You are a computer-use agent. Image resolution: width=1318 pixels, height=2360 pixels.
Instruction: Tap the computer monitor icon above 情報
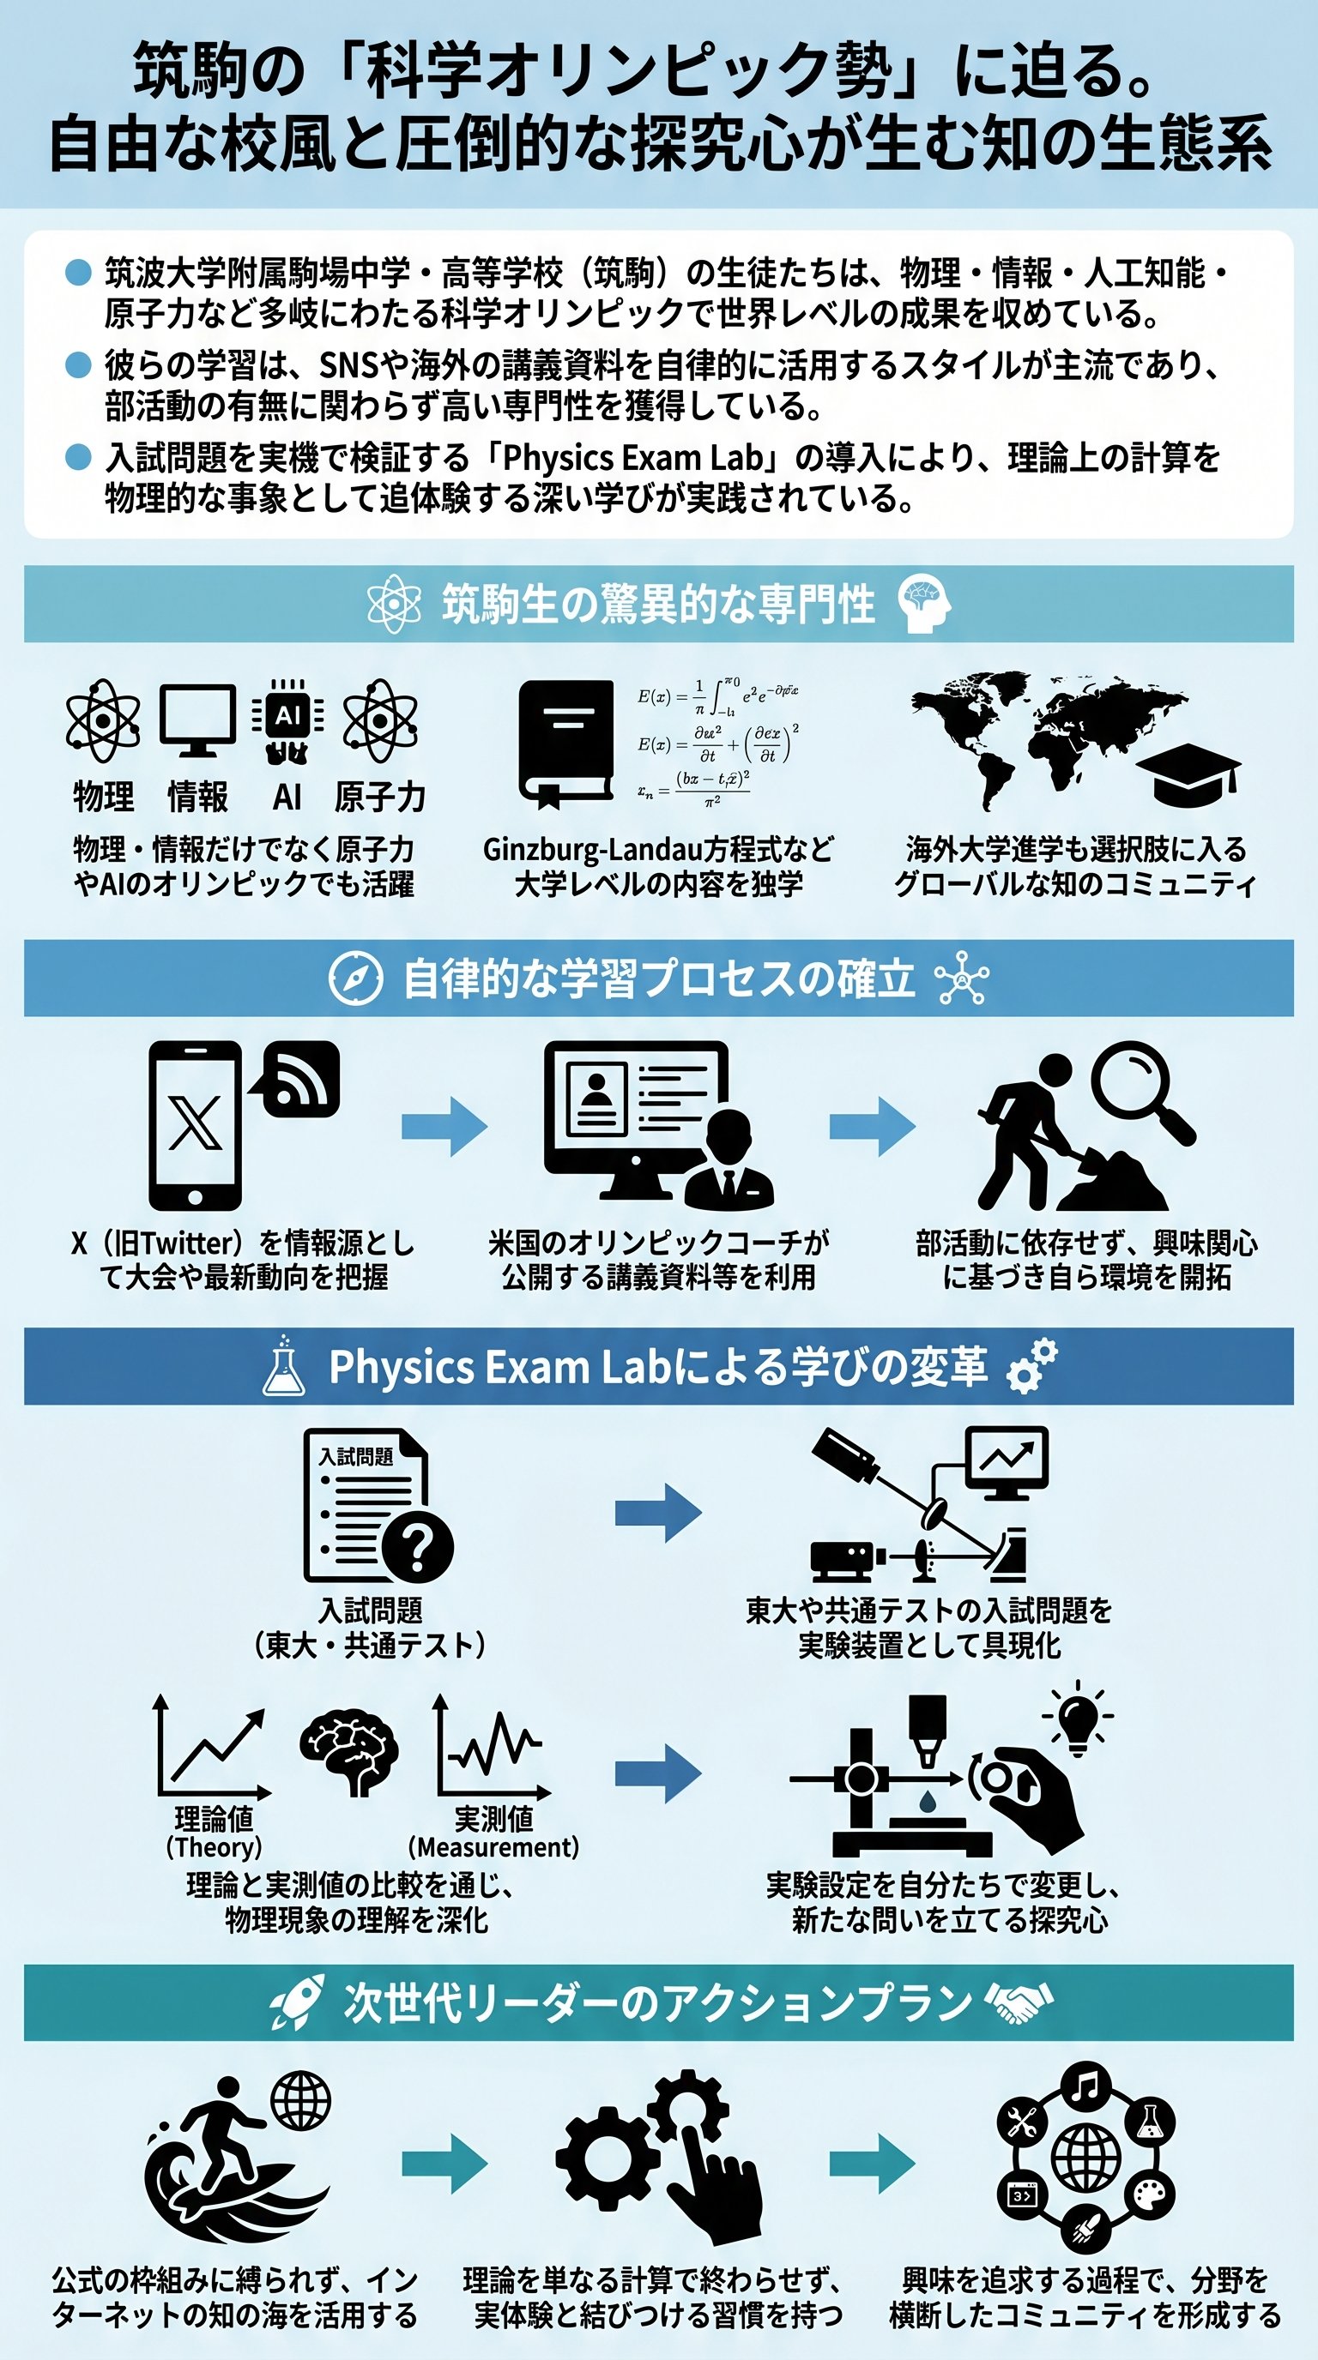pyautogui.click(x=197, y=719)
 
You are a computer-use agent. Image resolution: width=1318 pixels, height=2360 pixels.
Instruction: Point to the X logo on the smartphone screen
pyautogui.click(x=194, y=1123)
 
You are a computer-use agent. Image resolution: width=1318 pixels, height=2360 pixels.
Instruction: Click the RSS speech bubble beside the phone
pyautogui.click(x=299, y=1079)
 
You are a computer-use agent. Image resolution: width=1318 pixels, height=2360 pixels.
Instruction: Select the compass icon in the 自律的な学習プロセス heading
pyautogui.click(x=355, y=978)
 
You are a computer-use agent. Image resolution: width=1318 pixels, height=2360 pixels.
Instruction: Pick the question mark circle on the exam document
pyautogui.click(x=417, y=1547)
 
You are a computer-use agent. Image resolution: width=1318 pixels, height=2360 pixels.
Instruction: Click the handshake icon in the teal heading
pyautogui.click(x=1019, y=2002)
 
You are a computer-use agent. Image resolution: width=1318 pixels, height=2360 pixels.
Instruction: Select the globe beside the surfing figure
pyautogui.click(x=300, y=2101)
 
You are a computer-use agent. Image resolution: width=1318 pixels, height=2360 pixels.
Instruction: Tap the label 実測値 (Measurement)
pyautogui.click(x=493, y=1833)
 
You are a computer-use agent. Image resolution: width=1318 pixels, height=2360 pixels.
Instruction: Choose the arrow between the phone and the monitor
pyautogui.click(x=444, y=1126)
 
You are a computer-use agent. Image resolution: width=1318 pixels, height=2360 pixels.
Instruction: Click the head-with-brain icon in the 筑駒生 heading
pyautogui.click(x=924, y=604)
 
